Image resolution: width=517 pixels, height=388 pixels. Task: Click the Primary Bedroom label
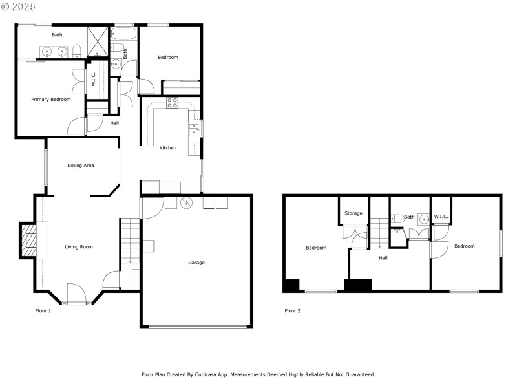pyautogui.click(x=51, y=99)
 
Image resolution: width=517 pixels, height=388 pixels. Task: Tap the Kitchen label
pyautogui.click(x=168, y=148)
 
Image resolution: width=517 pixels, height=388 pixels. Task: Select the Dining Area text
pyautogui.click(x=81, y=166)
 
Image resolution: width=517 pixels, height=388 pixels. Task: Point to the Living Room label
pyautogui.click(x=79, y=246)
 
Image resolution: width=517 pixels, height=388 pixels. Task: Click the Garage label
pyautogui.click(x=196, y=263)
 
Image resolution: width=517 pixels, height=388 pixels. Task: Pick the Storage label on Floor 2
pyautogui.click(x=353, y=213)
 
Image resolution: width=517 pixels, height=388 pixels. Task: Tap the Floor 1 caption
pyautogui.click(x=43, y=311)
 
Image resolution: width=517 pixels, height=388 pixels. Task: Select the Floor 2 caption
pyautogui.click(x=293, y=311)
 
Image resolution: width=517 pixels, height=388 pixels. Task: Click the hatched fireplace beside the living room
pyautogui.click(x=29, y=241)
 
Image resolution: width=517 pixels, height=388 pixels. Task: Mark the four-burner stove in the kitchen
pyautogui.click(x=173, y=102)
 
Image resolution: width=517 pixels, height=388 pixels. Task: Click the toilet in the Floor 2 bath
pyautogui.click(x=397, y=219)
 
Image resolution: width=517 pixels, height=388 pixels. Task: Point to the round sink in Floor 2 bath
pyautogui.click(x=424, y=219)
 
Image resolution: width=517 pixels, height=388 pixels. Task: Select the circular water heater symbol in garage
pyautogui.click(x=187, y=203)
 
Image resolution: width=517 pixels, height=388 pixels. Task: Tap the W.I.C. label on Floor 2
pyautogui.click(x=441, y=217)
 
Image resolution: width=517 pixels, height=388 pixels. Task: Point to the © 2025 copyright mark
pyautogui.click(x=19, y=6)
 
